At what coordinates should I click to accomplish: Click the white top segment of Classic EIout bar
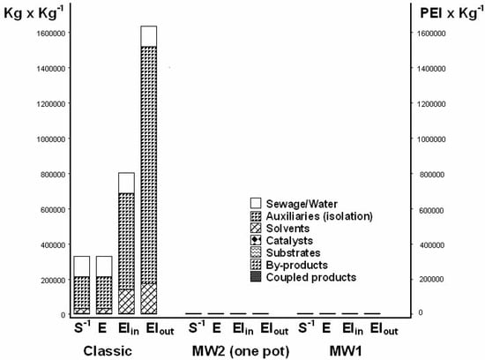149,36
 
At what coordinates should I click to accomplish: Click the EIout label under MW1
384,329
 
